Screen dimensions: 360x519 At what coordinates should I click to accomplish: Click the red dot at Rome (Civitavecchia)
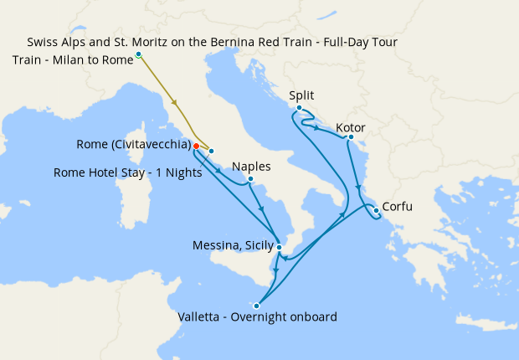[x=196, y=146]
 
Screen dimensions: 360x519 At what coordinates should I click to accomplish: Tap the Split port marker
[x=299, y=108]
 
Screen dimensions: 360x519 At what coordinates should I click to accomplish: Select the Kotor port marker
[x=351, y=137]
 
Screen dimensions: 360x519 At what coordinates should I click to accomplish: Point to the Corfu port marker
[x=377, y=209]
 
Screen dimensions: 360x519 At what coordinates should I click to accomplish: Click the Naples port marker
[x=250, y=179]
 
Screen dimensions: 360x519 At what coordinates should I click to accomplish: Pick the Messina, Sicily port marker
[x=279, y=247]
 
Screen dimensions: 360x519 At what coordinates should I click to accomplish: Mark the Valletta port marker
[x=257, y=306]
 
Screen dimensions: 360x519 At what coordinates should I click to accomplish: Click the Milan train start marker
[x=138, y=54]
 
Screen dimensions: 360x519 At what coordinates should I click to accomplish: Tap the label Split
[x=302, y=95]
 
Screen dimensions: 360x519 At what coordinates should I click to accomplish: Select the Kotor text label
[x=351, y=127]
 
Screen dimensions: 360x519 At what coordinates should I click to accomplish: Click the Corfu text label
[x=398, y=207]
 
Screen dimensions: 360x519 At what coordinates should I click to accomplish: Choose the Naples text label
[x=252, y=166]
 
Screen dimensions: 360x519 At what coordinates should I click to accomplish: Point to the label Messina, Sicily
[x=232, y=245]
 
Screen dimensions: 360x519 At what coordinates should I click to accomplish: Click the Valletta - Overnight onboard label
[x=258, y=317]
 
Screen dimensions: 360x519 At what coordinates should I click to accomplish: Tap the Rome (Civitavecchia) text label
[x=132, y=145]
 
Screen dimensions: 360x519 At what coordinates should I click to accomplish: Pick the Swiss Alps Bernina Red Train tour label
[x=212, y=41]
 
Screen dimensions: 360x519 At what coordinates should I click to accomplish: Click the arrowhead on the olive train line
[x=176, y=102]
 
